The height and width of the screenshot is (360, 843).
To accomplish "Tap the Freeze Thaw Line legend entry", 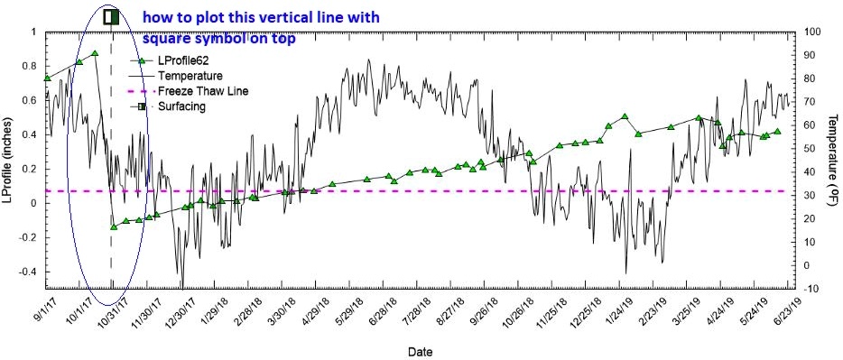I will pyautogui.click(x=202, y=91).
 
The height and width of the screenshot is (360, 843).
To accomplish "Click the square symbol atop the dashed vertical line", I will pyautogui.click(x=111, y=16).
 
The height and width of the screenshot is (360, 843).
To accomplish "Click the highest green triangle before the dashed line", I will pyautogui.click(x=94, y=53).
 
